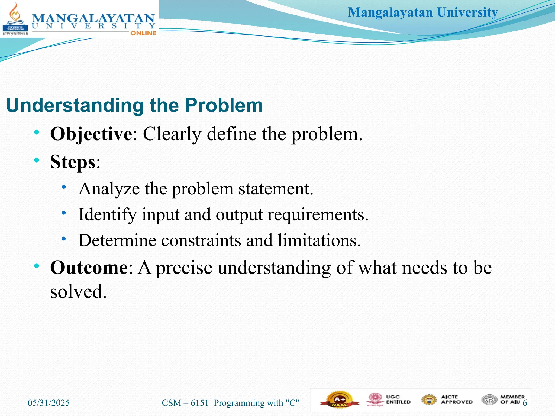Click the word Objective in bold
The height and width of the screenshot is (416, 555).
click(x=91, y=134)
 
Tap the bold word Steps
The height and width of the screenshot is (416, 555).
click(x=73, y=162)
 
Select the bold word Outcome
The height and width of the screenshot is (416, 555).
click(x=89, y=268)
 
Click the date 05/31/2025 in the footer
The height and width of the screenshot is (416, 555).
click(x=49, y=403)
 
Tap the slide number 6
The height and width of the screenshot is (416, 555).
click(x=525, y=403)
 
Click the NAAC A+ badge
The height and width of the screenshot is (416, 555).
click(x=339, y=400)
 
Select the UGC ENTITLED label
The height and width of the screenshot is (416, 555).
click(x=398, y=399)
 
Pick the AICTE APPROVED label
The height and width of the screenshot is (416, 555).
click(x=456, y=399)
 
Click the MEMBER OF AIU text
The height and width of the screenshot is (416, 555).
click(x=512, y=399)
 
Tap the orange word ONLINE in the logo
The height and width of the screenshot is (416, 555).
click(x=143, y=33)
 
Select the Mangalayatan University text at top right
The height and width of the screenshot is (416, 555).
click(x=423, y=12)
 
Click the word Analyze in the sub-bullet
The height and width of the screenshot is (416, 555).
click(x=109, y=189)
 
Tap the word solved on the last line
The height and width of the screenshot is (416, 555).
click(x=78, y=292)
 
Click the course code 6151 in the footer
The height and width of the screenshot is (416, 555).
click(x=199, y=403)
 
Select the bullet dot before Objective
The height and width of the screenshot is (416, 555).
click(x=37, y=132)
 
